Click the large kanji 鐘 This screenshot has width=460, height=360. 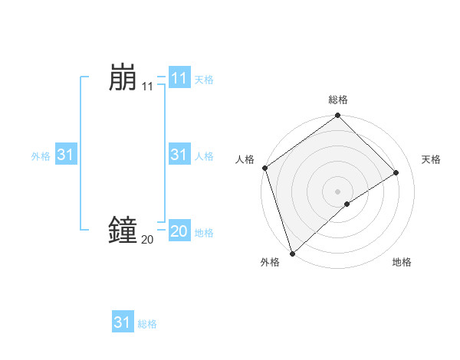click(x=123, y=230)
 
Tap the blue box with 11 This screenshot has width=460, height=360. click(x=179, y=77)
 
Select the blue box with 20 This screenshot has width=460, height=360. click(x=179, y=231)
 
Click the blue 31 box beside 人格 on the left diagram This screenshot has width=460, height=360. click(x=179, y=155)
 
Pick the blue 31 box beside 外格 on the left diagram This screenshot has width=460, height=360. click(x=66, y=155)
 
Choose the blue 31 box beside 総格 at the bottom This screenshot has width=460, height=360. click(x=123, y=322)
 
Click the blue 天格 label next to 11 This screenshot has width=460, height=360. click(x=204, y=79)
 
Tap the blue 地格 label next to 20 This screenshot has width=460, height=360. click(x=204, y=232)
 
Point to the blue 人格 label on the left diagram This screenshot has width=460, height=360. click(x=204, y=156)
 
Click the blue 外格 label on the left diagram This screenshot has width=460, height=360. click(x=41, y=156)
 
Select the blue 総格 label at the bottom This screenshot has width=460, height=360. click(x=147, y=324)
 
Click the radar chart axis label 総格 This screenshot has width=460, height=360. click(x=338, y=100)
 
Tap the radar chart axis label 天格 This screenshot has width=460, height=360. click(x=431, y=159)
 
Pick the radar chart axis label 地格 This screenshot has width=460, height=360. click(x=402, y=262)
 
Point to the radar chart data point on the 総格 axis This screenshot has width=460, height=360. click(x=337, y=116)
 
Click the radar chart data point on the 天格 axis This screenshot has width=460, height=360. click(x=396, y=172)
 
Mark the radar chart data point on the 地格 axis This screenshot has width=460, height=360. click(x=347, y=204)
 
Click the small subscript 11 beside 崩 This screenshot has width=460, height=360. click(x=147, y=87)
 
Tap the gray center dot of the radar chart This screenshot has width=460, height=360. click(x=337, y=191)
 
